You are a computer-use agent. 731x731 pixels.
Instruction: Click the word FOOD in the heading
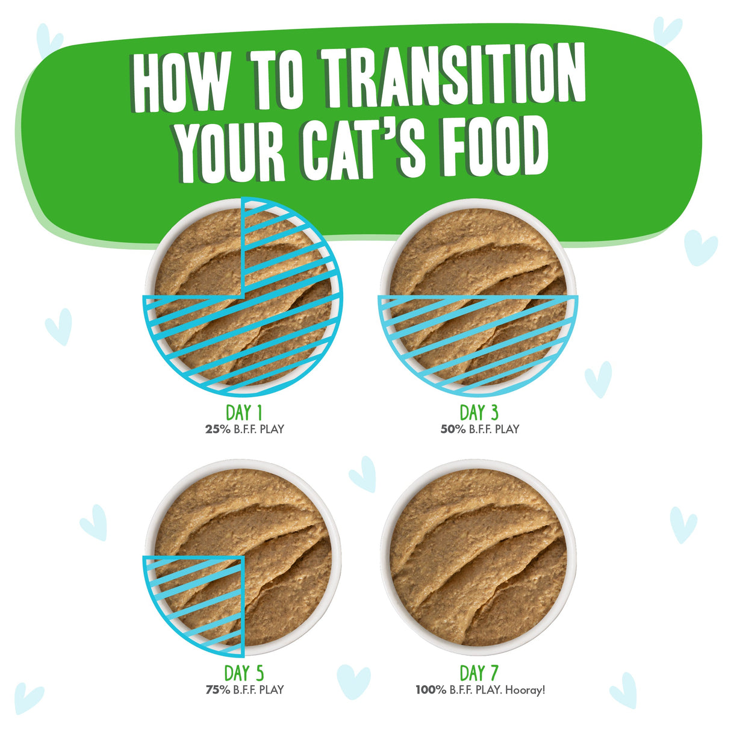tap(494, 149)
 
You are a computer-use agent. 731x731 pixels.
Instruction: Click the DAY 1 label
tap(244, 412)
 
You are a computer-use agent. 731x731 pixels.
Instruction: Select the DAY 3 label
tap(479, 412)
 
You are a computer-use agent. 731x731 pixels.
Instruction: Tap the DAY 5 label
tap(244, 673)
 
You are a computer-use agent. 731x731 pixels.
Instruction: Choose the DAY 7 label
tap(479, 673)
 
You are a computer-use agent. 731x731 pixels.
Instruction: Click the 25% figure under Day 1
tap(218, 429)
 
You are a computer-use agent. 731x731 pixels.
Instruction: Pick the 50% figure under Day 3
tap(453, 429)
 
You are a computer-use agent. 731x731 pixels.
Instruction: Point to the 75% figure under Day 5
tap(218, 689)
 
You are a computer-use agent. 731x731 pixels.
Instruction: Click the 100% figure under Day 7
tap(431, 689)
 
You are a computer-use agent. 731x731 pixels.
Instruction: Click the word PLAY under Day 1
tap(272, 429)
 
